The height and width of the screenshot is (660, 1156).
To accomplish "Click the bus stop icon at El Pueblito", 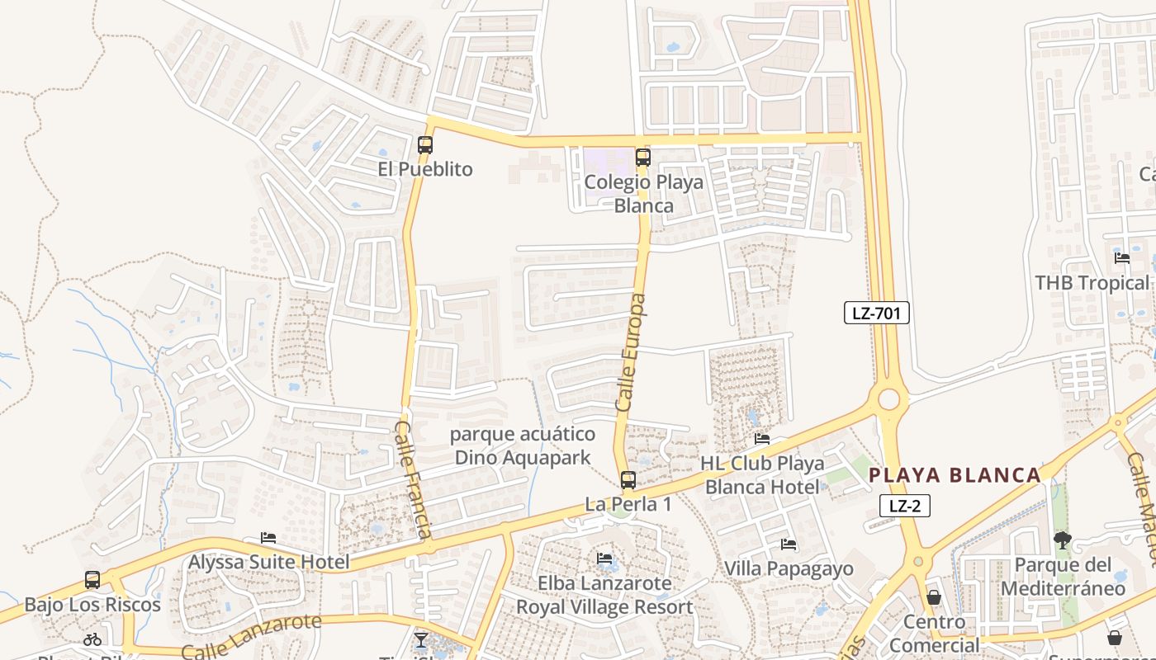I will coord(425,145).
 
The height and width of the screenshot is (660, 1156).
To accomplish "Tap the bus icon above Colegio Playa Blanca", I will coord(642,157).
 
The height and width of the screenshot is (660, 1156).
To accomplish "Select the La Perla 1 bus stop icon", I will coord(628,479).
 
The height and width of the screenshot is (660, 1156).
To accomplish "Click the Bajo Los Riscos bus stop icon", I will coord(92,580).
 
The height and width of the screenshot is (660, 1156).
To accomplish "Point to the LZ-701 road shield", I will coord(876,313).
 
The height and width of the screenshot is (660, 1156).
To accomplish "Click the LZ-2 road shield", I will coord(905,506).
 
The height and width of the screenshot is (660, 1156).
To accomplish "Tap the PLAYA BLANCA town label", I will coord(955,475).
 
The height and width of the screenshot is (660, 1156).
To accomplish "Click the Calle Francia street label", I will coord(414,479).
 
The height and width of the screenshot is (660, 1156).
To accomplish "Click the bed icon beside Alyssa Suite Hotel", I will coord(268,538).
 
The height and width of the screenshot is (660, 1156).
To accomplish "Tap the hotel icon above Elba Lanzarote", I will coord(605,559).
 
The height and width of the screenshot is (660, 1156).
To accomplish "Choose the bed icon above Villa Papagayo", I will coord(789,544).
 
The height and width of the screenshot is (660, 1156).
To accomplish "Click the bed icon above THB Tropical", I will coord(1121,258).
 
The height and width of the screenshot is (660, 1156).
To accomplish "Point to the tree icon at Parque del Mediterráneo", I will coord(1062,540).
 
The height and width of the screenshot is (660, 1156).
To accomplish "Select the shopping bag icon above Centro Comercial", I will coord(934,596).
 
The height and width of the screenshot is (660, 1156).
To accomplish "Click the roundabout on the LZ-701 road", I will coord(888,400).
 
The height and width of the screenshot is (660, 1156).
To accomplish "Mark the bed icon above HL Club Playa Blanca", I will coord(762,439).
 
